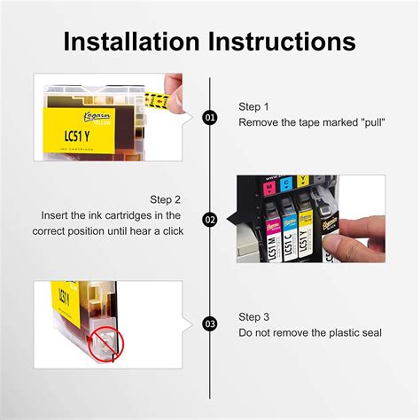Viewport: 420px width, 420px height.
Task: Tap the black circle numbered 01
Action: [x=210, y=117]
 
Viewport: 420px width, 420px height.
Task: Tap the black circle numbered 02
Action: [x=210, y=218]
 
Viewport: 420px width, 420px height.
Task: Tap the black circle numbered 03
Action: [x=210, y=323]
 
